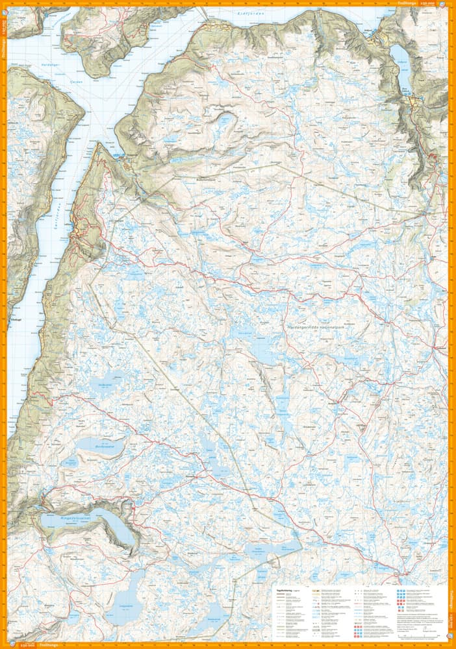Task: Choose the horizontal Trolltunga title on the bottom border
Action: (49, 645)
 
